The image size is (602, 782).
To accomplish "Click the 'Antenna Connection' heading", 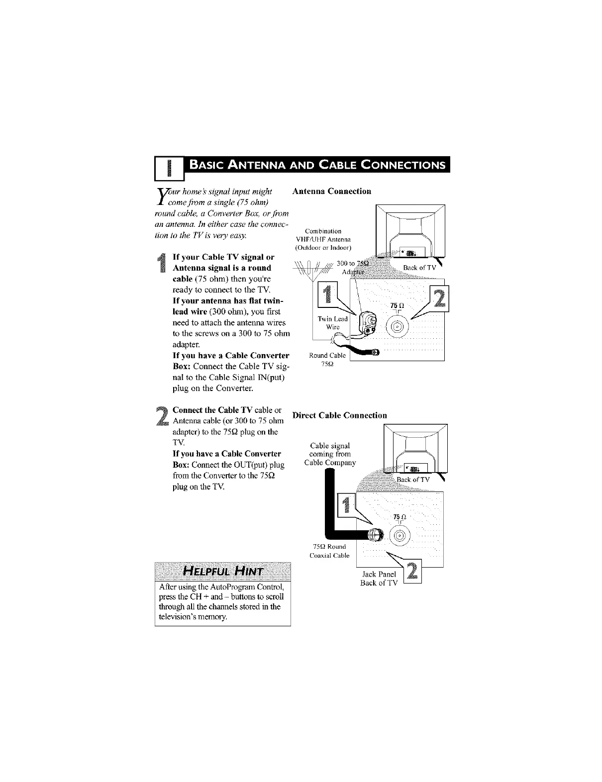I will (332, 191).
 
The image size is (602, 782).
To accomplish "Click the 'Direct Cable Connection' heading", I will (340, 415).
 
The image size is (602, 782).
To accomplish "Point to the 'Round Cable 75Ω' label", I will (327, 359).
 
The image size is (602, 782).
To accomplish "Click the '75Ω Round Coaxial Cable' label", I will (329, 551).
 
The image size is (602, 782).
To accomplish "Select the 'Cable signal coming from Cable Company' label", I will (330, 454).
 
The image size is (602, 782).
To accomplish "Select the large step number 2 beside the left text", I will (161, 416).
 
